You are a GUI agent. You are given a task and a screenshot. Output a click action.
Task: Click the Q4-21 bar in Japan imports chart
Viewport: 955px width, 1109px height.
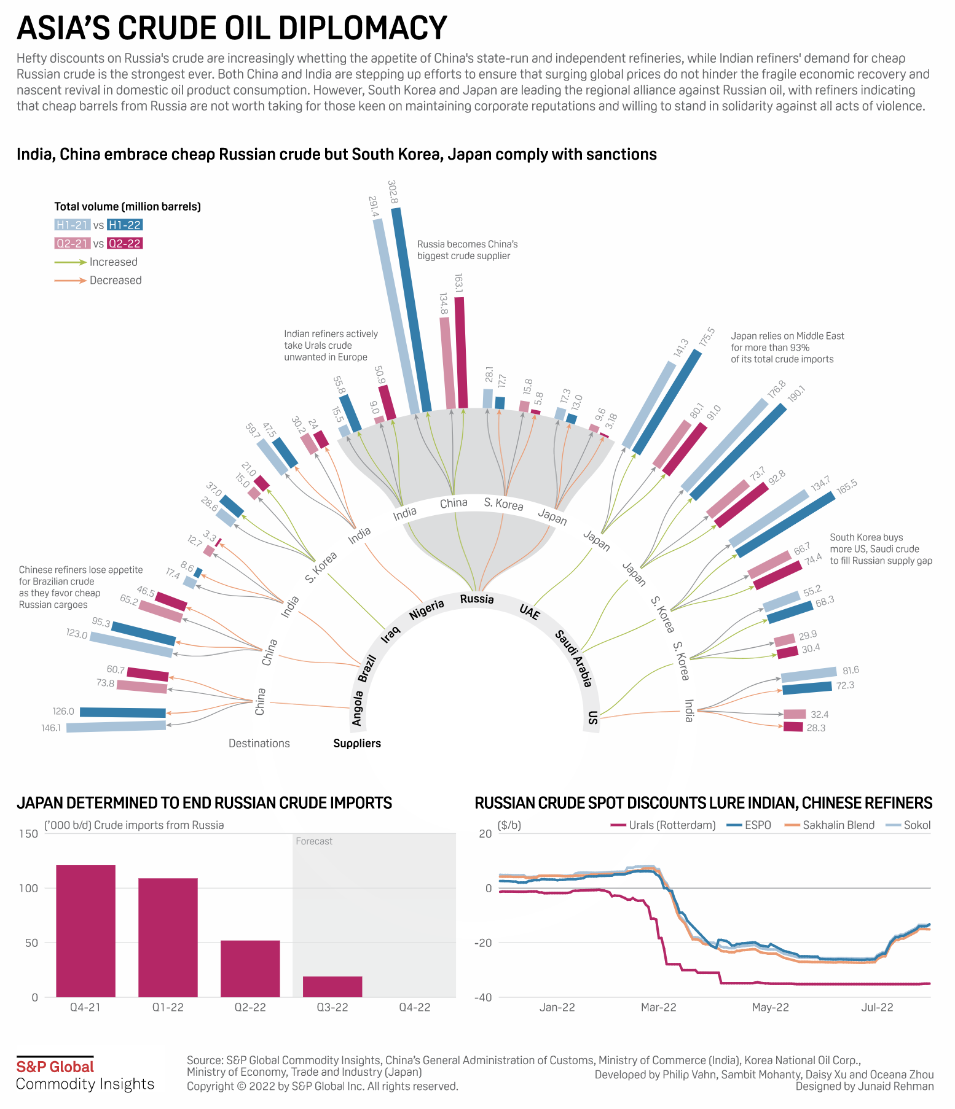(x=85, y=931)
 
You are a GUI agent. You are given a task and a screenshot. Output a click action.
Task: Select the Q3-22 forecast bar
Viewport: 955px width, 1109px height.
(x=332, y=986)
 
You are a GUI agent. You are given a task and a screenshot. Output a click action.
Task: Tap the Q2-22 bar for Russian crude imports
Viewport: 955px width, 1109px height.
(x=250, y=968)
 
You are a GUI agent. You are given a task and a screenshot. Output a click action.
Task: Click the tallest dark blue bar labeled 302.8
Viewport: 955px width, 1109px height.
(x=411, y=309)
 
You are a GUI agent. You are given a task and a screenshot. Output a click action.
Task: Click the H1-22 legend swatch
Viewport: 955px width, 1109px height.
(x=125, y=225)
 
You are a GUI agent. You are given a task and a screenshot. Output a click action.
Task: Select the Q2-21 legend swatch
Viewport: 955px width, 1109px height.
(x=73, y=244)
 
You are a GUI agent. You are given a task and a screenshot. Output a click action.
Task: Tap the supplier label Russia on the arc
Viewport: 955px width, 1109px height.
(x=477, y=599)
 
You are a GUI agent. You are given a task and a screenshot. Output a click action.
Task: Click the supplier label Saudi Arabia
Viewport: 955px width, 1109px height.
(x=574, y=658)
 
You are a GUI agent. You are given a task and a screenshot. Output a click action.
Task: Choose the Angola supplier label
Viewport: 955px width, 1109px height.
(x=358, y=708)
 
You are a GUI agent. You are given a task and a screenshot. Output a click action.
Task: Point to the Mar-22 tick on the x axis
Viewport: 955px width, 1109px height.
(x=658, y=1008)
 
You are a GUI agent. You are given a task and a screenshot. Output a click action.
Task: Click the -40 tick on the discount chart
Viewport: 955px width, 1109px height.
(x=484, y=998)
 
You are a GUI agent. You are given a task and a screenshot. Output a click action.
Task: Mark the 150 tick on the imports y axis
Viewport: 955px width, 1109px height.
(x=28, y=834)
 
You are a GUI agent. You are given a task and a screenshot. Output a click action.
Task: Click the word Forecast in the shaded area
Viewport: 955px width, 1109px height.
(x=314, y=841)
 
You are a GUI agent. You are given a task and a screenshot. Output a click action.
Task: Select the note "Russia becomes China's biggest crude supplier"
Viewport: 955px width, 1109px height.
(x=467, y=250)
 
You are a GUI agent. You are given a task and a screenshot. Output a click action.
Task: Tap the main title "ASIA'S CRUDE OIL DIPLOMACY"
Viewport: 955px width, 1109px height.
(x=232, y=28)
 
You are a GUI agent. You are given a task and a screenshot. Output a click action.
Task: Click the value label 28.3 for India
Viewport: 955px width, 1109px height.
(x=815, y=728)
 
